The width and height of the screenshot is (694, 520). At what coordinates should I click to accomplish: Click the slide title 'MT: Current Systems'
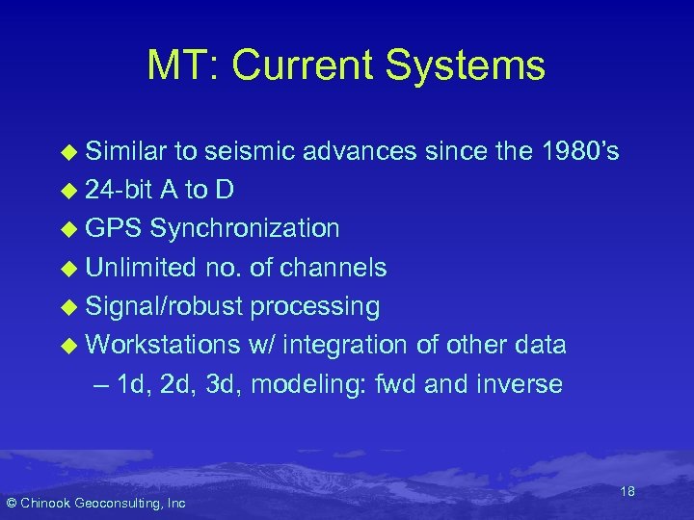pyautogui.click(x=346, y=66)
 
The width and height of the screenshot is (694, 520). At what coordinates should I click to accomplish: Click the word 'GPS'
pyautogui.click(x=114, y=228)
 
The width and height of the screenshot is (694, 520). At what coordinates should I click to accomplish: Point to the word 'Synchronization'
pyautogui.click(x=244, y=228)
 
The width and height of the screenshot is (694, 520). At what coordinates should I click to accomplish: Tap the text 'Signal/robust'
pyautogui.click(x=165, y=306)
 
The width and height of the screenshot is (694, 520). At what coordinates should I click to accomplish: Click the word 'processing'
pyautogui.click(x=315, y=306)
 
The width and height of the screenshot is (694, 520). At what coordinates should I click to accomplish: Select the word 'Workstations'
pyautogui.click(x=163, y=345)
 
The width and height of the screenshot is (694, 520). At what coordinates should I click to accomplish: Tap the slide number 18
pyautogui.click(x=627, y=492)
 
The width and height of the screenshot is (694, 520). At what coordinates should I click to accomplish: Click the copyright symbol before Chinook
pyautogui.click(x=12, y=503)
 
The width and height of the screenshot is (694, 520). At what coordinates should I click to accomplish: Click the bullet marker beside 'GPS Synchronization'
pyautogui.click(x=67, y=229)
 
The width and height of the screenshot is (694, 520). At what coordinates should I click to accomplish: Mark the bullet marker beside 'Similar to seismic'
pyautogui.click(x=67, y=151)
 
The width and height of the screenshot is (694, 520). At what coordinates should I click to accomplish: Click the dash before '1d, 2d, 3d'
pyautogui.click(x=102, y=384)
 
